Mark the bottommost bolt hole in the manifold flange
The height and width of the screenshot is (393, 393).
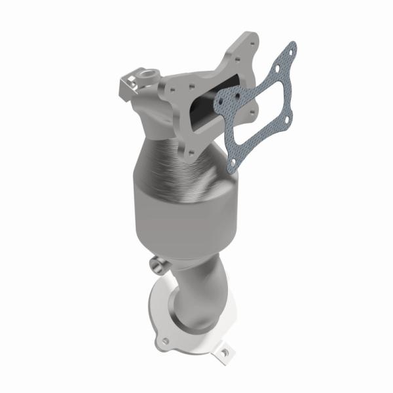191,152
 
